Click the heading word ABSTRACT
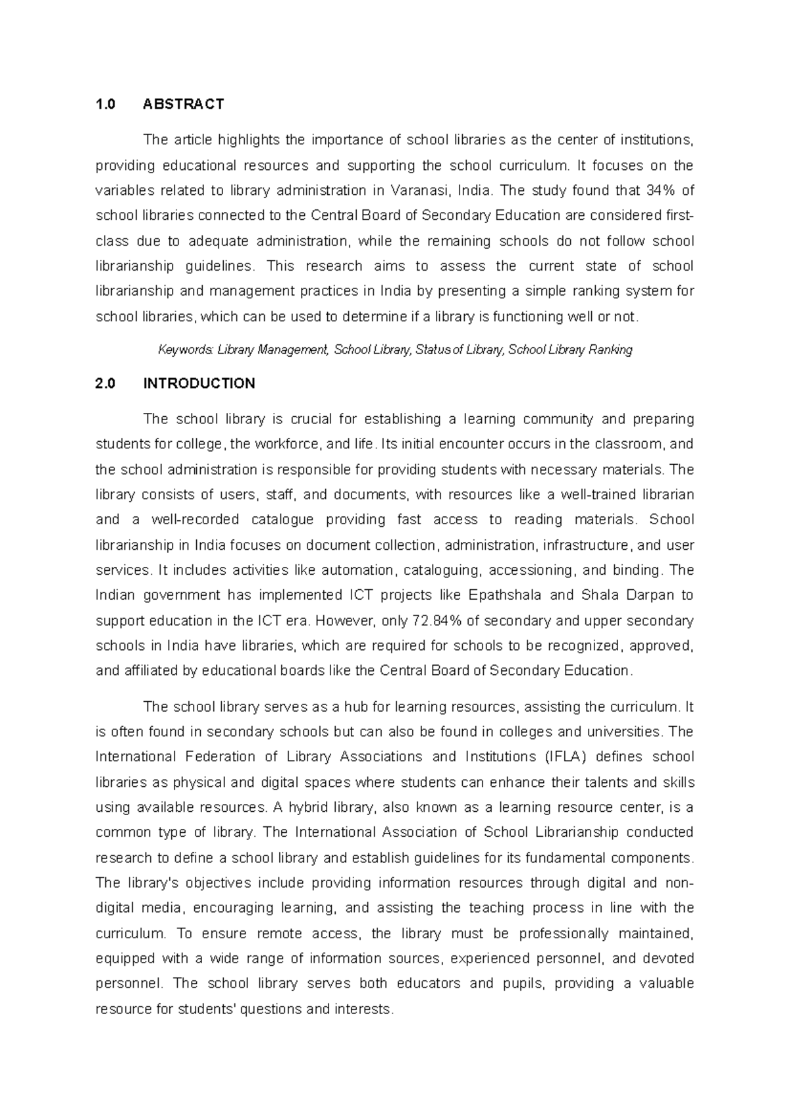tap(184, 104)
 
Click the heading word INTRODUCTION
tap(199, 384)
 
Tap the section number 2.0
tap(105, 384)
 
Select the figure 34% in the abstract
tap(661, 190)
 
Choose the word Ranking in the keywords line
tap(610, 350)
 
